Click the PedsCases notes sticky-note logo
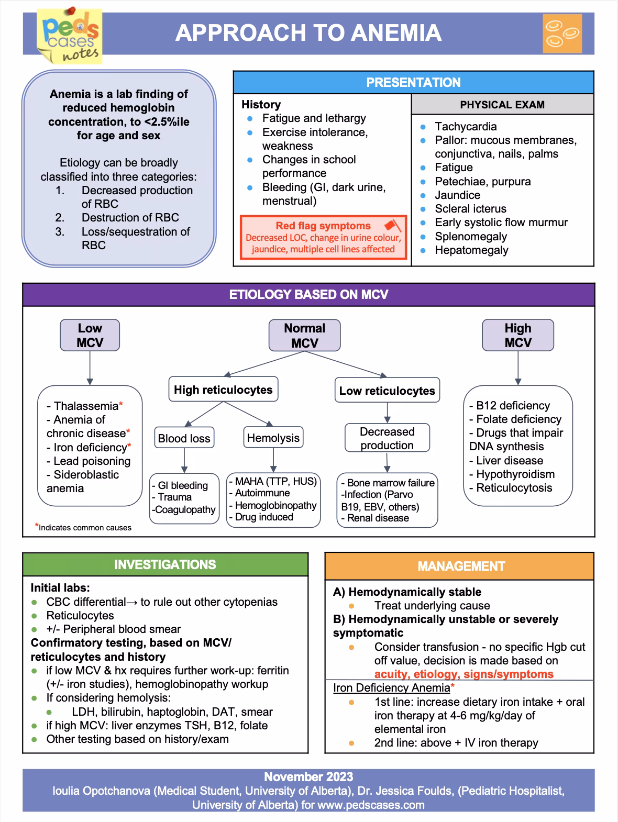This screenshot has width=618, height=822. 70,37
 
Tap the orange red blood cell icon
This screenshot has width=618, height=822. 562,34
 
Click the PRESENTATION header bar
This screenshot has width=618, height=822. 413,83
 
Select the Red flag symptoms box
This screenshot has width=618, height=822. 323,237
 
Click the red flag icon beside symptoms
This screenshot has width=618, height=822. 392,226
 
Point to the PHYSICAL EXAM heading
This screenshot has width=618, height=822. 502,105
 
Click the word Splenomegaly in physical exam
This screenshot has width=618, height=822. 470,236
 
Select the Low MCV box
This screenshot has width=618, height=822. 90,336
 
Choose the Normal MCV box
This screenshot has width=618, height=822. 304,336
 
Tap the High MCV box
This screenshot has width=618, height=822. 517,336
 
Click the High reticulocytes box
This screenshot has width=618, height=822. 223,390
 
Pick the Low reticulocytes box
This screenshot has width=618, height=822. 387,391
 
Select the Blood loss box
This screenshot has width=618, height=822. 184,438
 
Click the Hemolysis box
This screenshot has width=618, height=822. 273,438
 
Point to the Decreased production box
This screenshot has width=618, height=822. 387,438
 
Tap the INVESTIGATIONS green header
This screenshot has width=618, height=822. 165,565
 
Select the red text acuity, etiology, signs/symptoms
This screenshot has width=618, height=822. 463,674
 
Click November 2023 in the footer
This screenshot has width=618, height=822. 308,777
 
